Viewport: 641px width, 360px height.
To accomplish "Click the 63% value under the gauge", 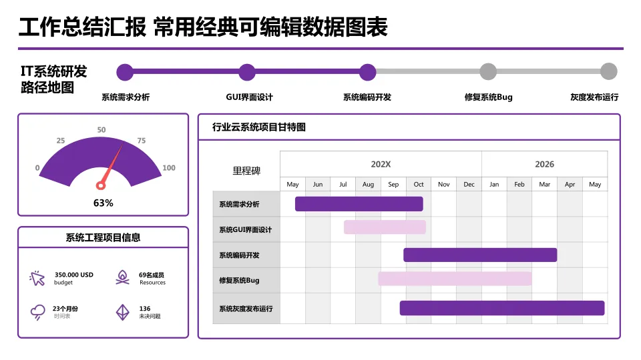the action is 103,203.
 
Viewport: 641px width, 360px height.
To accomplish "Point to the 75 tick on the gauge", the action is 141,141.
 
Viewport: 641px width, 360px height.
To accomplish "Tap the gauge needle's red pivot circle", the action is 101,185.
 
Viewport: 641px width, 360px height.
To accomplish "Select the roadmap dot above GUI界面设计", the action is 247,72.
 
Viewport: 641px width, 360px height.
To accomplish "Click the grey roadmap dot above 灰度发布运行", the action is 608,72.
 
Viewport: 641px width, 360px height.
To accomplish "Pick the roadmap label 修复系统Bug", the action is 488,97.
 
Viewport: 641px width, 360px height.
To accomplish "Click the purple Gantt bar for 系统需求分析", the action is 359,204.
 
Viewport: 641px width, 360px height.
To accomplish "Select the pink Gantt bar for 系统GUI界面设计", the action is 385,227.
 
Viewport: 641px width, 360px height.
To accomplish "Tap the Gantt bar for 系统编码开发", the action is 480,255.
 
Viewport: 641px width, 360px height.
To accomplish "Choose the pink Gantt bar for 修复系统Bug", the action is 455,279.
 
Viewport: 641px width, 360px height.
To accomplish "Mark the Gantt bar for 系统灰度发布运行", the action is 502,308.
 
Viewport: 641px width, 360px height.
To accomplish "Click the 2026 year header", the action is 544,164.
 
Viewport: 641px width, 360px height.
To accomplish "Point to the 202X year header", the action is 381,164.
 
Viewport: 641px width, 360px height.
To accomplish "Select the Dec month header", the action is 469,184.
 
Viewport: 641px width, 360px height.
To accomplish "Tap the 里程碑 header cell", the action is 246,171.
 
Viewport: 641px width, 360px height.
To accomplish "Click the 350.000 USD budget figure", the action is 73,275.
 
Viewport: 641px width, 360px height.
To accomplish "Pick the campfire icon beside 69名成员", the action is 122,278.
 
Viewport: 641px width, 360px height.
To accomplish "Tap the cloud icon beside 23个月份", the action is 37,312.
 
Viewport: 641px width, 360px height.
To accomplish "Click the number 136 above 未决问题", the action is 145,309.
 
